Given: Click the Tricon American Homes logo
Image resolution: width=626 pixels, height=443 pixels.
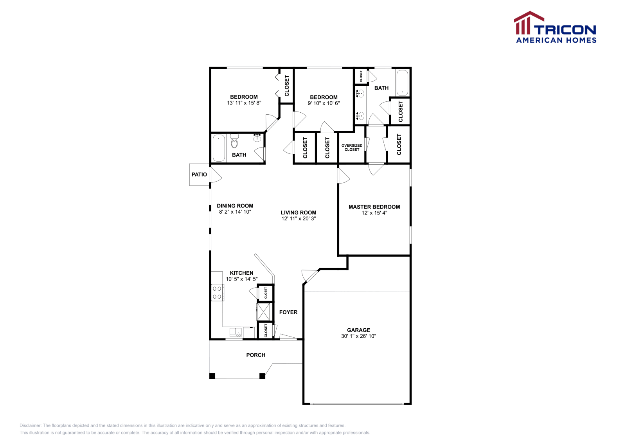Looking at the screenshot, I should coord(555,27).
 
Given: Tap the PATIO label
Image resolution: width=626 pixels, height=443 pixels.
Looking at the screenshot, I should coord(199,175).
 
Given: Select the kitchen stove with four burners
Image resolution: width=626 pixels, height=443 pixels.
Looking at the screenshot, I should coord(217,293).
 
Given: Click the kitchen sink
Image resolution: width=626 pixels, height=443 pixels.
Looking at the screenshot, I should coord(236,333).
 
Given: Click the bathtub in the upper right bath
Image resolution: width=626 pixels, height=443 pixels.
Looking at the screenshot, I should coord(402,83).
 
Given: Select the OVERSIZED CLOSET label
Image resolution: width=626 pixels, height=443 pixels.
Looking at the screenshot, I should coord(352,148).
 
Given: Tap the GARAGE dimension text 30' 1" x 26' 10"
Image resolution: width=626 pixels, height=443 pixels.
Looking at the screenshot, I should coord(358,336).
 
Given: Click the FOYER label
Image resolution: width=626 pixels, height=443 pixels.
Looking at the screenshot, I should coord(288,312).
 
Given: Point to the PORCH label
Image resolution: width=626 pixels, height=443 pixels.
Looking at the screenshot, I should coord(255,355).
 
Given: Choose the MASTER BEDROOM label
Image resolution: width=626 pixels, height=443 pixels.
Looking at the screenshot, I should coord(374,207).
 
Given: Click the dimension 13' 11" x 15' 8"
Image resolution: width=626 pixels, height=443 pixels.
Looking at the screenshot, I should coord(244,103).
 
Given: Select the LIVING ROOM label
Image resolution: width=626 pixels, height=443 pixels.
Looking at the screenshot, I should coord(299,212).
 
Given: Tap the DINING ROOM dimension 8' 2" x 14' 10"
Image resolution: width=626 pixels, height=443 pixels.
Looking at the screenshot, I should coord(235,212).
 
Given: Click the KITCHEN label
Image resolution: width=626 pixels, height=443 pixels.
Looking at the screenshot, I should coord(241,273).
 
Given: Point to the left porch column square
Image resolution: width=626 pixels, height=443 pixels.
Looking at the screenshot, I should coord(212,376).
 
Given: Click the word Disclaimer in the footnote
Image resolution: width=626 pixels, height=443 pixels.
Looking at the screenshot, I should coord(30,425).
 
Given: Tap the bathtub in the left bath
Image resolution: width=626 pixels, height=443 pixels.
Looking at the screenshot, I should coord(219,148).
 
